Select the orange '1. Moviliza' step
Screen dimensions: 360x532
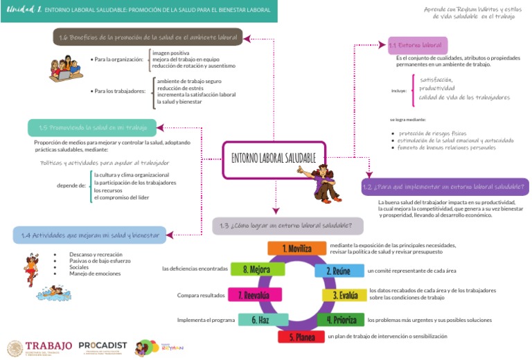tap(287, 249)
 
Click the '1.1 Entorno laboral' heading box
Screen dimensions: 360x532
tap(415, 45)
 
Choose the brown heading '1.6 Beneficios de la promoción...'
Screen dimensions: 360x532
tap(148, 37)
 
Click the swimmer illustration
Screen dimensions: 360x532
tap(51, 292)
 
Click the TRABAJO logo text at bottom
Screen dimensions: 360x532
tap(48, 346)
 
